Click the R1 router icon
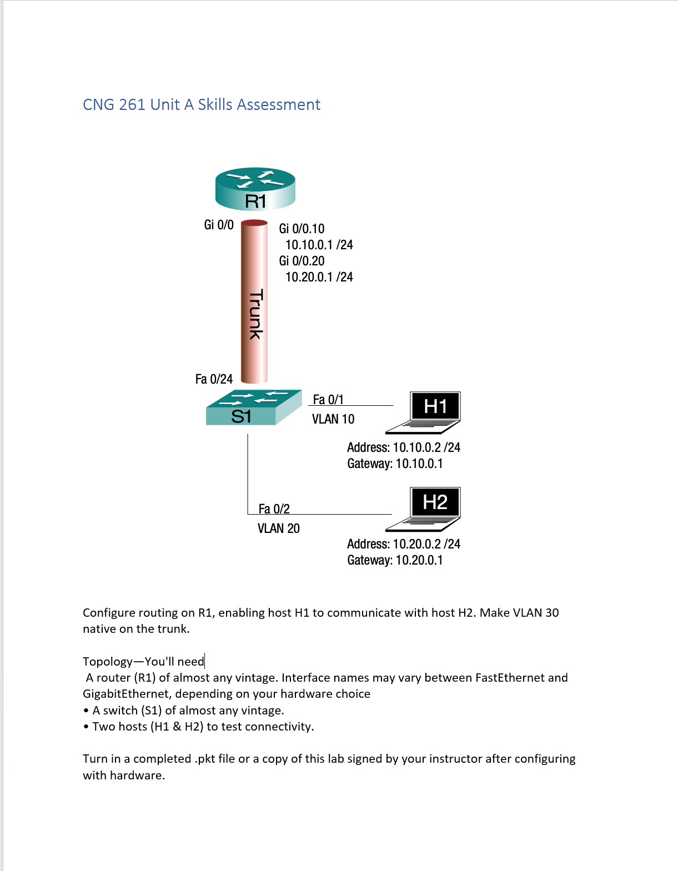pyautogui.click(x=255, y=189)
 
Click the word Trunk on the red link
pyautogui.click(x=255, y=314)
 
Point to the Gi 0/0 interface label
pyautogui.click(x=219, y=225)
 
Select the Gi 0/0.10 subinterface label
pyautogui.click(x=302, y=229)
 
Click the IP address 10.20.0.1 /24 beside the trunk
pyautogui.click(x=319, y=277)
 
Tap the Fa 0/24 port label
pyautogui.click(x=214, y=379)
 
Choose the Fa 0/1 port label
pyautogui.click(x=328, y=400)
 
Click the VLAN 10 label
pyautogui.click(x=333, y=419)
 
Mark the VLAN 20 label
pyautogui.click(x=278, y=528)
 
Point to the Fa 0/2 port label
pyautogui.click(x=274, y=509)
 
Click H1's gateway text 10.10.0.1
pyautogui.click(x=419, y=464)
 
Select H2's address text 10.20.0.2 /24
pyautogui.click(x=426, y=544)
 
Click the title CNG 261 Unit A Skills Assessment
pyautogui.click(x=202, y=105)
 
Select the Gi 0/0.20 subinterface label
pyautogui.click(x=302, y=261)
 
